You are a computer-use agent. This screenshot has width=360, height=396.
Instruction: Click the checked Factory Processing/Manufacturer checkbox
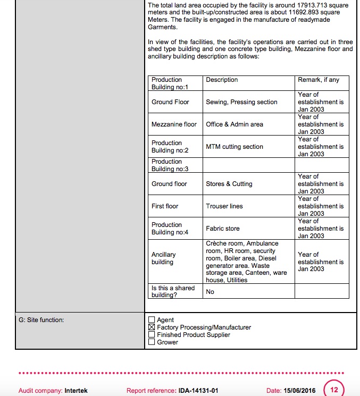tap(152, 327)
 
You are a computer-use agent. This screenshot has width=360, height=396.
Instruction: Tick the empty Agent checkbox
tap(152, 320)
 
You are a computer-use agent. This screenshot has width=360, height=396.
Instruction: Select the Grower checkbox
tap(152, 342)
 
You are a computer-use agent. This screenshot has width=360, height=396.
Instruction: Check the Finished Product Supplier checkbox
tap(152, 335)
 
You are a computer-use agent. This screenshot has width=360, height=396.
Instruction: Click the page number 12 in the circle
tap(334, 390)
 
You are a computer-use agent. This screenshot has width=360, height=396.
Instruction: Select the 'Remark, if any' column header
tap(319, 80)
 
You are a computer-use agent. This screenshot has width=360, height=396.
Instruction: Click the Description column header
tap(222, 80)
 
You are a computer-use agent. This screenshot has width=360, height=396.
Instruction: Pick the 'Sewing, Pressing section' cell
tap(241, 102)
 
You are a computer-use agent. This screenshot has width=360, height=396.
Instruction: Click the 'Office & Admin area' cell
tap(235, 124)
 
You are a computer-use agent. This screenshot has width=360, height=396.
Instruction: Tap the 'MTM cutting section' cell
tap(235, 147)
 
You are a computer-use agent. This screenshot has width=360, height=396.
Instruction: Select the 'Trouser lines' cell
tap(224, 206)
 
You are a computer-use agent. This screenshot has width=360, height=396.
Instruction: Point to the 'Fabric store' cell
tap(223, 229)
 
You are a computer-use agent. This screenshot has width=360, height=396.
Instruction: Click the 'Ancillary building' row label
tap(163, 258)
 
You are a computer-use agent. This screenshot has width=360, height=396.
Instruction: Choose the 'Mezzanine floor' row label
tap(174, 124)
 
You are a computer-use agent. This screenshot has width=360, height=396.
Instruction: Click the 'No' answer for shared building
tap(210, 292)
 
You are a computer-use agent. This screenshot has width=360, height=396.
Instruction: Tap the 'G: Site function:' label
tap(41, 320)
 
